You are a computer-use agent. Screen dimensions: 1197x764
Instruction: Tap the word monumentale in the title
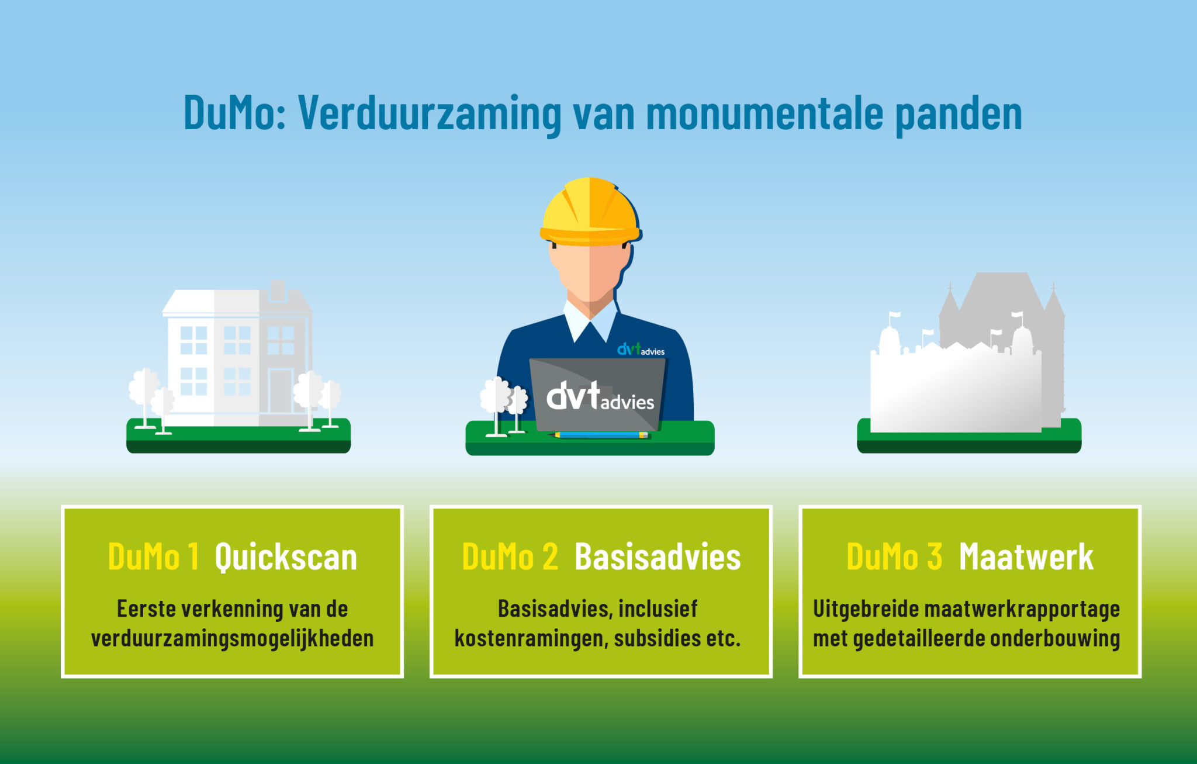point(764,113)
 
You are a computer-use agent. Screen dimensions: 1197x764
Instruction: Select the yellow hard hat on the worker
point(590,212)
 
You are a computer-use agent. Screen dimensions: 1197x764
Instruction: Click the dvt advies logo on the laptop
point(600,396)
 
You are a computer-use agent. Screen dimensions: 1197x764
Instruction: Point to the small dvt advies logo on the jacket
point(641,350)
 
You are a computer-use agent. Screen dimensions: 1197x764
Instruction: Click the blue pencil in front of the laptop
point(600,435)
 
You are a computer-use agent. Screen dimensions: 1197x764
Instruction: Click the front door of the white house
point(281,391)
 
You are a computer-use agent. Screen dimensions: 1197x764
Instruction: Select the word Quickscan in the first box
point(286,556)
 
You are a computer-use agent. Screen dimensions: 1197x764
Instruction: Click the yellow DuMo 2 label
point(510,556)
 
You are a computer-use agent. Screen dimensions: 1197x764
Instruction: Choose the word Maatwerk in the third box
point(1026,556)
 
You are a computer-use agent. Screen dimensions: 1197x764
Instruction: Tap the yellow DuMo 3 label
point(894,556)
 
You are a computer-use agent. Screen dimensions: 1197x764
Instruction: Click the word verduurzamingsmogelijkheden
point(232,638)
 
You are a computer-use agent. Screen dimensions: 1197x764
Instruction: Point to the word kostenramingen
point(528,638)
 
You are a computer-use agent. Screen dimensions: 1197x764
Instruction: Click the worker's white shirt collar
point(590,321)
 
